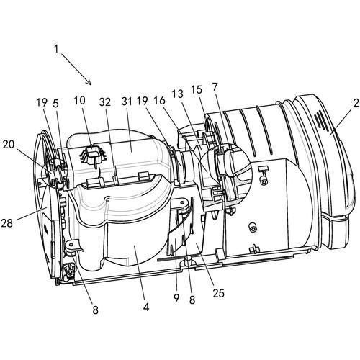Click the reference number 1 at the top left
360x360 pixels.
tap(56, 49)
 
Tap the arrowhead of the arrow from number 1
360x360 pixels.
tap(89, 83)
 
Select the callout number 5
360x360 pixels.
tap(55, 104)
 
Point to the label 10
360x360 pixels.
tap(79, 101)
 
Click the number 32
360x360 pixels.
tap(105, 102)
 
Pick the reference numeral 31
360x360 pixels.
tap(127, 102)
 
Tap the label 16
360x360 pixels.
tap(160, 101)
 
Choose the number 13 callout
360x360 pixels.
tap(178, 94)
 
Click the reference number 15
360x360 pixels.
tap(197, 90)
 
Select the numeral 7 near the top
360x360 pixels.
tap(215, 87)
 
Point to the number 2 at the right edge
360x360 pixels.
tap(356, 103)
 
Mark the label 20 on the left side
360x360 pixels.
tap(9, 145)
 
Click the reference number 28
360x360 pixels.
tap(6, 223)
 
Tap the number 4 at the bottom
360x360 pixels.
tap(145, 307)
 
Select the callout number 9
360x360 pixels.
tap(176, 298)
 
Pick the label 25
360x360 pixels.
tap(218, 293)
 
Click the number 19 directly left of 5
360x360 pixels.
tap(42, 103)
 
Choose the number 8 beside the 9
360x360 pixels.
tap(192, 300)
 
